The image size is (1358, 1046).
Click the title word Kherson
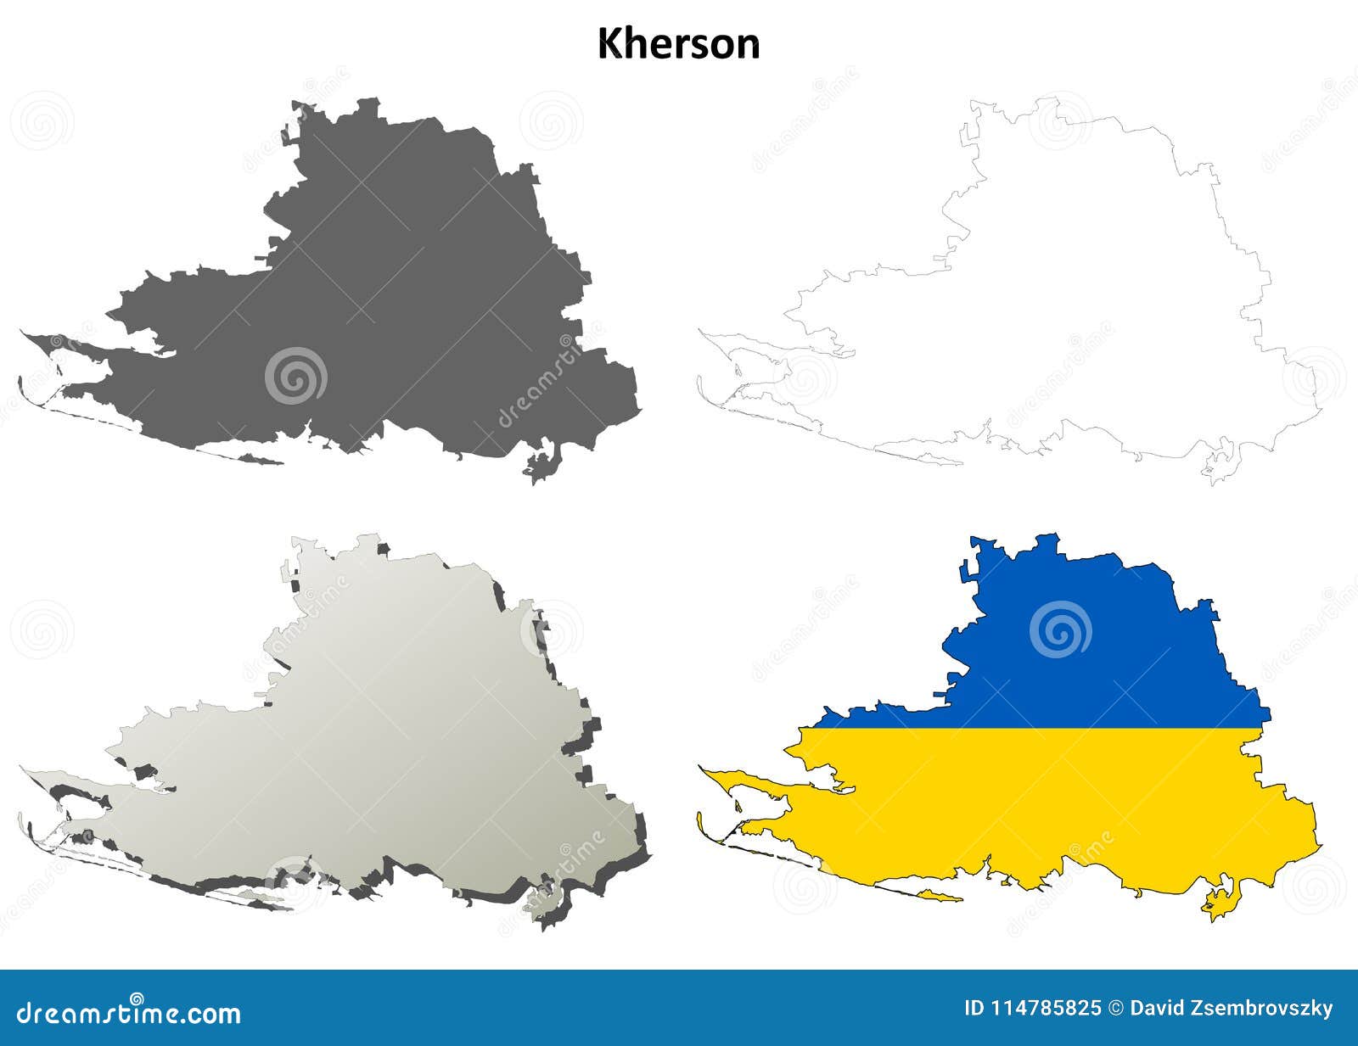pyautogui.click(x=678, y=44)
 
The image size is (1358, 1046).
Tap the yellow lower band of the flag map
pyautogui.click(x=1061, y=797)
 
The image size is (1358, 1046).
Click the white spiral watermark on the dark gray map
pyautogui.click(x=295, y=375)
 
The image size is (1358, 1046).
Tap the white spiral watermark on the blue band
pyautogui.click(x=1060, y=629)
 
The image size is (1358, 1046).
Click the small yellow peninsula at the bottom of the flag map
pyautogui.click(x=1219, y=903)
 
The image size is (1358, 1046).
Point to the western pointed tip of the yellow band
pyautogui.click(x=704, y=769)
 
